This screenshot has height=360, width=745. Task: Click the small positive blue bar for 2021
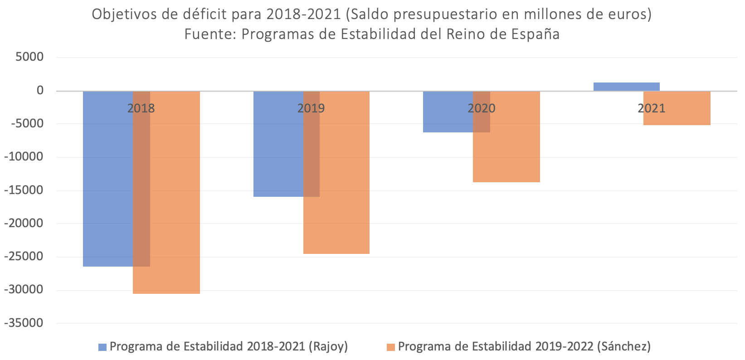tap(626, 87)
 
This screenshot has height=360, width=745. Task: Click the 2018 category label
tap(141, 108)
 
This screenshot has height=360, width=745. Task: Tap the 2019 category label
tap(311, 108)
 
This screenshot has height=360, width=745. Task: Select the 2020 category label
tap(481, 108)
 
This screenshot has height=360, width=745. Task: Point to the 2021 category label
tap(651, 108)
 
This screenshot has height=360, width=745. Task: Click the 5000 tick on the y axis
tap(29, 57)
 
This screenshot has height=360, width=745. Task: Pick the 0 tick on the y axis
tap(40, 90)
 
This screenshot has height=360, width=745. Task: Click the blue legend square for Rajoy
tap(102, 347)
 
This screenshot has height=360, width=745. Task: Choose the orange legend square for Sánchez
tap(390, 347)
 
